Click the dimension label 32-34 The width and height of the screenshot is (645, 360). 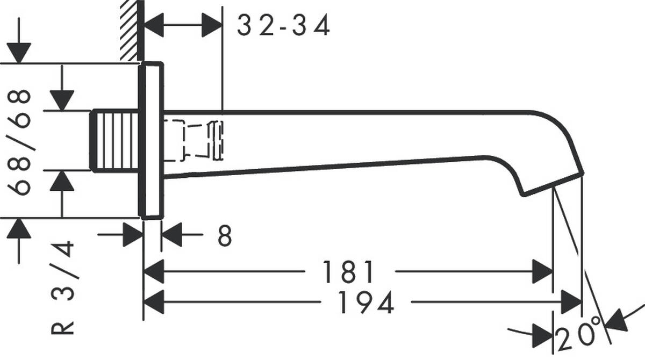pos(283,26)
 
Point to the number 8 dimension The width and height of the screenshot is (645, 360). pos(225,236)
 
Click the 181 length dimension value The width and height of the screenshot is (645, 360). pos(348,272)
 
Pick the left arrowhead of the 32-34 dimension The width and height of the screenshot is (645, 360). pos(154,26)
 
